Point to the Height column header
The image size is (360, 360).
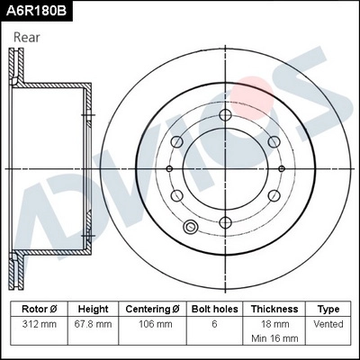(x=94, y=308)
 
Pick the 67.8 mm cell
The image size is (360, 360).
(x=94, y=322)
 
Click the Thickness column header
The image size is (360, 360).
(x=274, y=308)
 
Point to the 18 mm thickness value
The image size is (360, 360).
(x=274, y=322)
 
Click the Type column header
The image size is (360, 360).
(x=328, y=308)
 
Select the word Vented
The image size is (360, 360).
(x=328, y=322)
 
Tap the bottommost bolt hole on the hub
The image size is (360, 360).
(x=224, y=221)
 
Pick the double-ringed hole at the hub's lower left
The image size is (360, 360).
(x=190, y=227)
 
